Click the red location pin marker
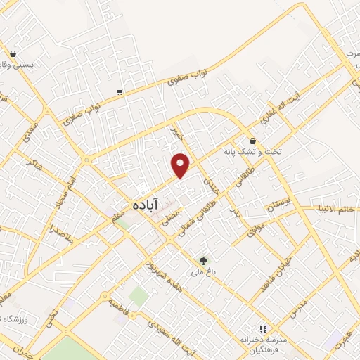(181, 165)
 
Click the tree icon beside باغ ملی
(205, 259)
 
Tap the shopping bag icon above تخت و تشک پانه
(252, 141)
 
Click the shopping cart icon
(120, 91)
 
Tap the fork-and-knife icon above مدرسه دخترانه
(264, 328)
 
